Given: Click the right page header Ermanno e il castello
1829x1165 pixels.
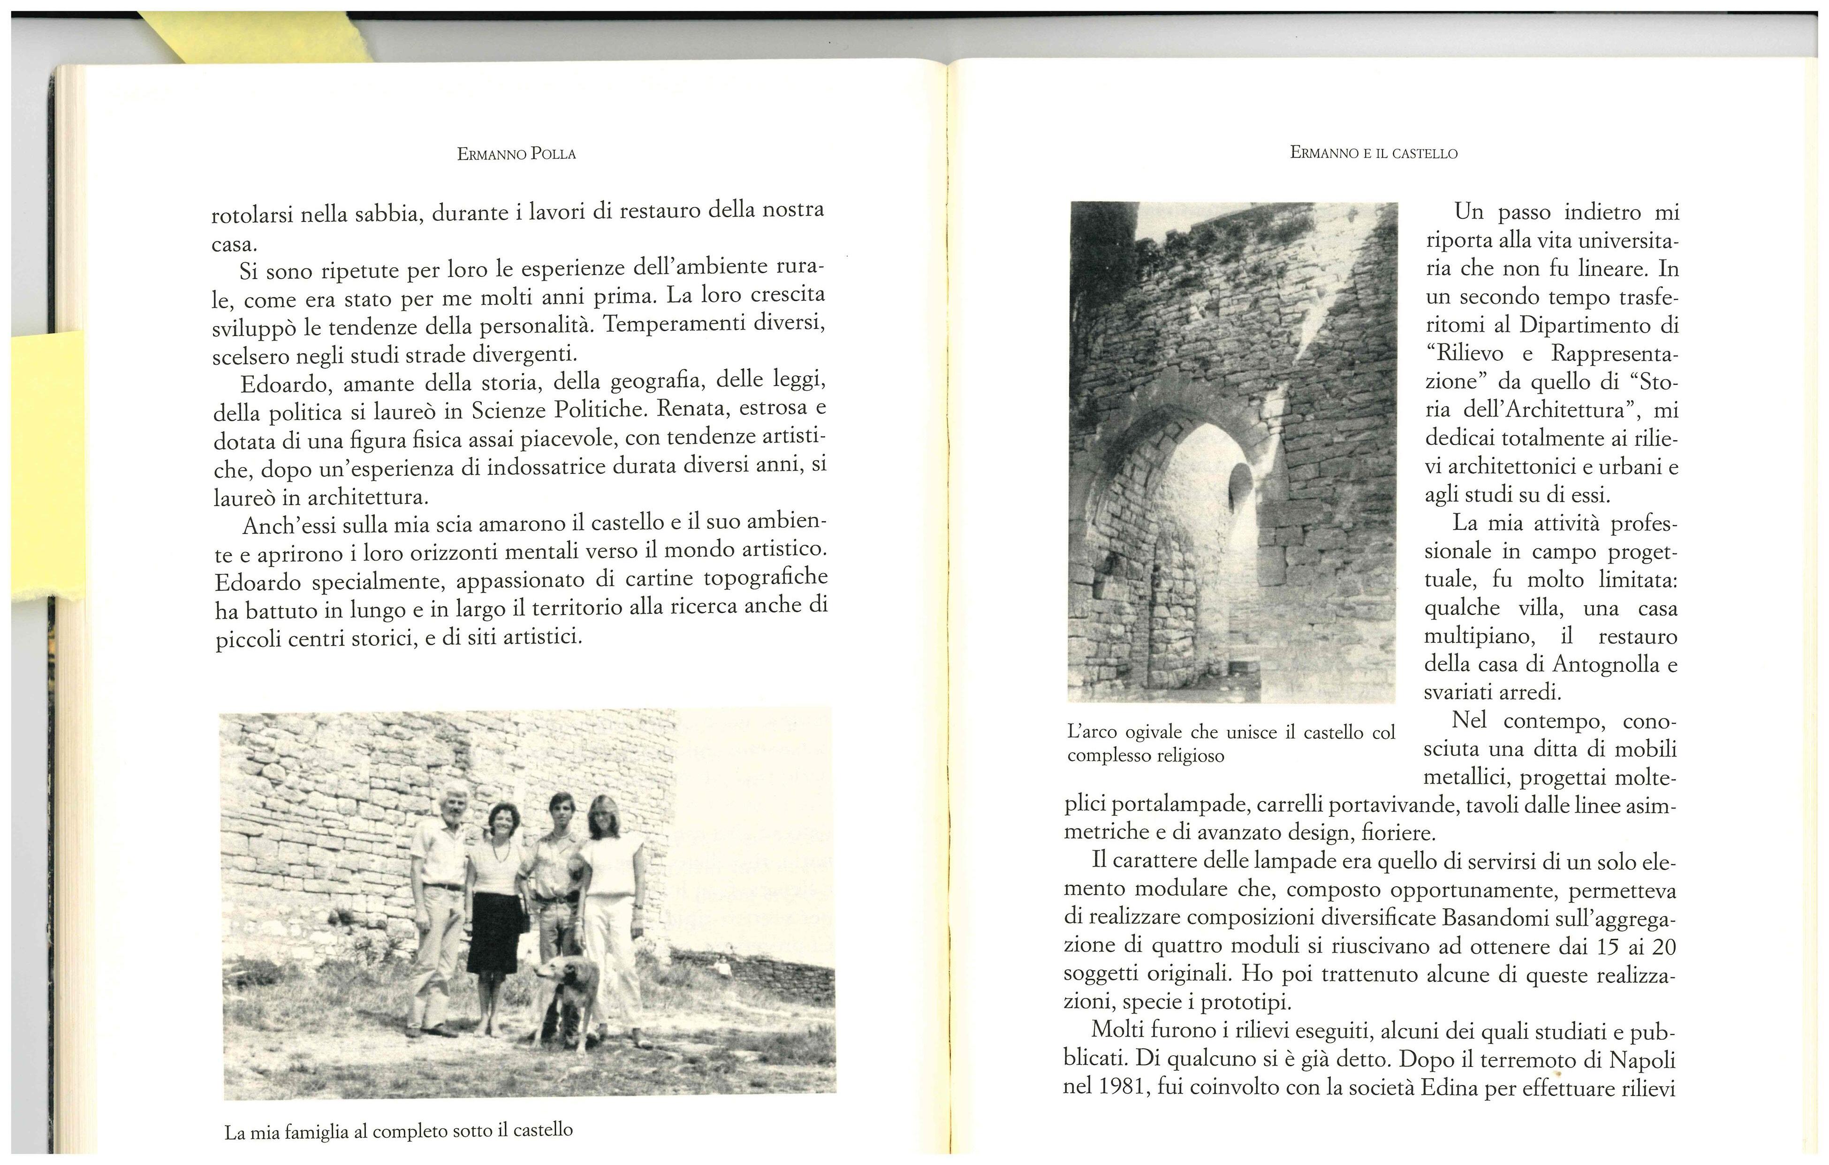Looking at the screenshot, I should (1373, 153).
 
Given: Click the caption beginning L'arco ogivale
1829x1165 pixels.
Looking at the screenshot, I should (1230, 743).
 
